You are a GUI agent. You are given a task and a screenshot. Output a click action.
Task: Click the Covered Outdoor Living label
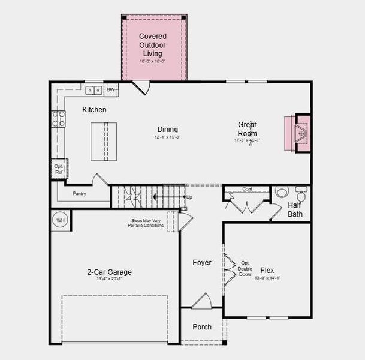pos(153,45)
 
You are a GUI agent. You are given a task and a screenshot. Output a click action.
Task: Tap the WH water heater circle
pos(60,220)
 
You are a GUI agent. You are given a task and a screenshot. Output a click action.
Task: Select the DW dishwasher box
pos(111,90)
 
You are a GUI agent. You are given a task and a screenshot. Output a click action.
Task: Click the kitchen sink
pos(93,91)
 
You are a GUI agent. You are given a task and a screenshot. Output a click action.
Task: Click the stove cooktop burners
pos(59,119)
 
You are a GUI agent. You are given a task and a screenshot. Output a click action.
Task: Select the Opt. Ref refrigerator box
pos(59,169)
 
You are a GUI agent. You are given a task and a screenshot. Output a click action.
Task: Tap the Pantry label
pos(80,194)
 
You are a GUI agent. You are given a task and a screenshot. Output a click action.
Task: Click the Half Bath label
pos(295,209)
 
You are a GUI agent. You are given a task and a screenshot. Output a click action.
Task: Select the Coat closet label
pos(247,189)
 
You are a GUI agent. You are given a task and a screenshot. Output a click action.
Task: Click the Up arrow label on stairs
pos(189,197)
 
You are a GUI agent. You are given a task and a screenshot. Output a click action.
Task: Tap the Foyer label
pos(201,263)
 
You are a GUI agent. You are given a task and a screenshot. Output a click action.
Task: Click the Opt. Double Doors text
pos(246,269)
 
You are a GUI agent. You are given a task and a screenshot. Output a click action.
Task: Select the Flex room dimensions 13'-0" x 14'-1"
pos(267,278)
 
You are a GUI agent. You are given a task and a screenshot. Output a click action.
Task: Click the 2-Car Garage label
pos(109,272)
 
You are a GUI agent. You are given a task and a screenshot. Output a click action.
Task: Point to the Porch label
pos(201,327)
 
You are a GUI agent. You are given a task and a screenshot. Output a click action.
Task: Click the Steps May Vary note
pos(147,223)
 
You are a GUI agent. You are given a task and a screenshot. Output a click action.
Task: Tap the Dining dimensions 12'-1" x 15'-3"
pos(167,137)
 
